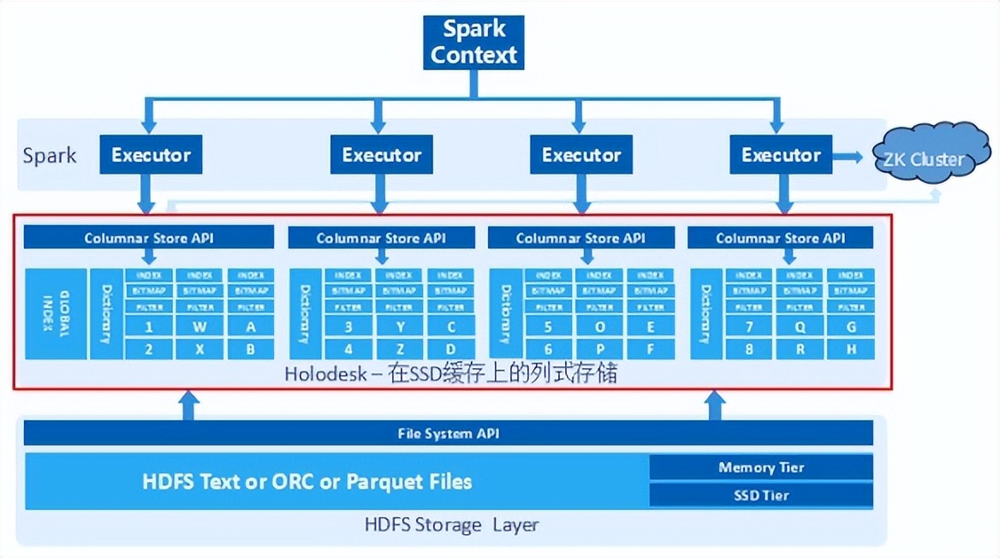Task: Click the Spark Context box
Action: click(473, 42)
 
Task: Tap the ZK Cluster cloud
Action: click(928, 156)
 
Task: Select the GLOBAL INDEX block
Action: click(56, 313)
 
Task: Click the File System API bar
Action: click(449, 433)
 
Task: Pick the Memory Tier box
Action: click(760, 467)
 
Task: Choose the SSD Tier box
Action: click(760, 495)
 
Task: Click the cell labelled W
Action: click(199, 326)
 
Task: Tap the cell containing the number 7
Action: click(748, 326)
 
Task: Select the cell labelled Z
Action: click(399, 349)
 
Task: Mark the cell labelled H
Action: click(851, 349)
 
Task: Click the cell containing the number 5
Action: click(549, 326)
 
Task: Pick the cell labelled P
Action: click(600, 349)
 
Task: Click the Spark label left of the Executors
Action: click(50, 156)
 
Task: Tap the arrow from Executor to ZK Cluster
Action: click(848, 156)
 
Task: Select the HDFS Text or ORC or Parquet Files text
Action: click(307, 482)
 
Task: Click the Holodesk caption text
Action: click(451, 373)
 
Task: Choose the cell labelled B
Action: click(251, 349)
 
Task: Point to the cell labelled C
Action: click(450, 326)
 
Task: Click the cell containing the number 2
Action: click(148, 349)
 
